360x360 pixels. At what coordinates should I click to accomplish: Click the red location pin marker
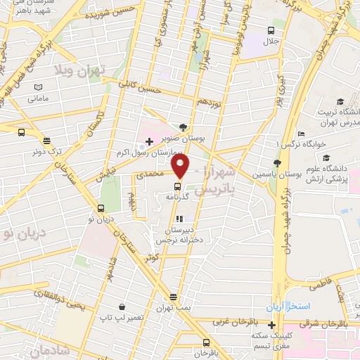click(181, 167)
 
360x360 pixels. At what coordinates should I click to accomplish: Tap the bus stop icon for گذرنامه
click(176, 187)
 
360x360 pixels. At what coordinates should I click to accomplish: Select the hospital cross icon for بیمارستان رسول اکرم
click(149, 141)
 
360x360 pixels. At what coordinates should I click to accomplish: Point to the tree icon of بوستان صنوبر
click(183, 127)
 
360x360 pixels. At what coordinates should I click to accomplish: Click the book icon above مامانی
click(38, 86)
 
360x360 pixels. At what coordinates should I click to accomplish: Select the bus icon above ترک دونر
click(22, 131)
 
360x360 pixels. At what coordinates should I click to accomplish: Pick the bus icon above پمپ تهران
click(174, 297)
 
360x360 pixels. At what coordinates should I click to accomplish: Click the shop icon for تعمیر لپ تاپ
click(123, 307)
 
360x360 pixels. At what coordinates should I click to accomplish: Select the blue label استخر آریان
click(282, 308)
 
